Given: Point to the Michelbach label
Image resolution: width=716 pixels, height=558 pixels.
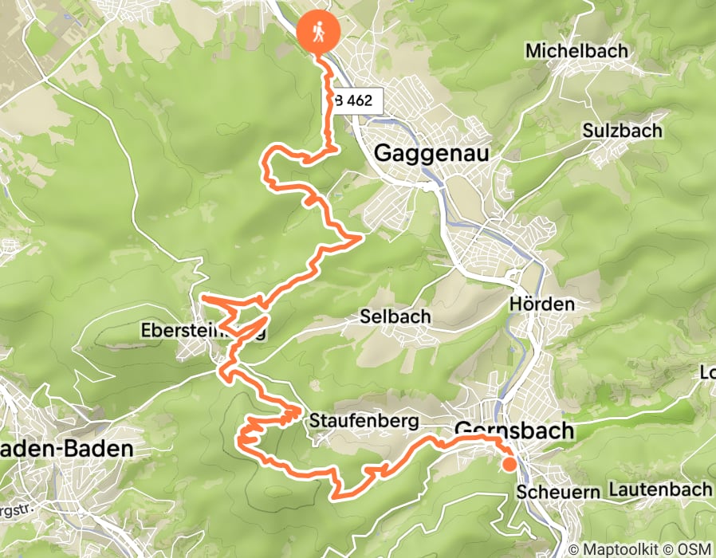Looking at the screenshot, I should pyautogui.click(x=576, y=51).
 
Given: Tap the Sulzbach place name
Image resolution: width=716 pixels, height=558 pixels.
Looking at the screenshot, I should pyautogui.click(x=622, y=130).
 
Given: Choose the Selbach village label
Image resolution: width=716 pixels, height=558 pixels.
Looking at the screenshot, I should pyautogui.click(x=395, y=316).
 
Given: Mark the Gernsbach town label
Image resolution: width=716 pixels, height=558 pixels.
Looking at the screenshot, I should pyautogui.click(x=513, y=430).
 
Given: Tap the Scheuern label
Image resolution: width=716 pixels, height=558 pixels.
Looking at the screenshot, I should pyautogui.click(x=557, y=491).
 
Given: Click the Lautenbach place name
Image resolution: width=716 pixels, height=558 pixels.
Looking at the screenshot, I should pyautogui.click(x=659, y=489).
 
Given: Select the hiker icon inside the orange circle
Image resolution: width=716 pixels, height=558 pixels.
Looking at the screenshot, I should pyautogui.click(x=318, y=32).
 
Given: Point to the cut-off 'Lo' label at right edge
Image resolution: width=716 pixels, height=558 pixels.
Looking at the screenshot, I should pyautogui.click(x=706, y=373).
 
